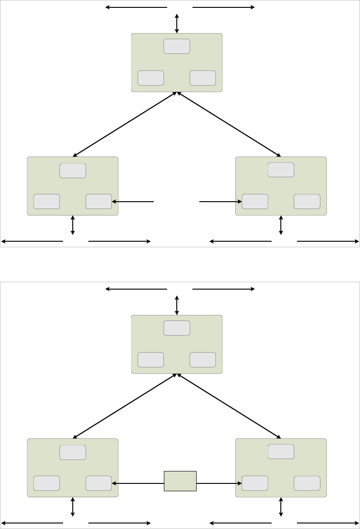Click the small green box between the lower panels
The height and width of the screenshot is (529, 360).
(x=180, y=481)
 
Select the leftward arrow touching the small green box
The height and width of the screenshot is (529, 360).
(x=138, y=483)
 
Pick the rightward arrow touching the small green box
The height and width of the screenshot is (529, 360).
(x=219, y=483)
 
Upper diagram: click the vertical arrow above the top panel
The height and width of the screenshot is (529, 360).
(x=177, y=23)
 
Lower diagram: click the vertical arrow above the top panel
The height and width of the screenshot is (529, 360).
(x=177, y=305)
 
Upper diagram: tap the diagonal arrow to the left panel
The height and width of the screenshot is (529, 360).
(x=125, y=124)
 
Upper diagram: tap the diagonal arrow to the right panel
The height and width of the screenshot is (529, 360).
(x=229, y=124)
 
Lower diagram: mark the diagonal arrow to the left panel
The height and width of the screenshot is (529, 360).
(x=125, y=406)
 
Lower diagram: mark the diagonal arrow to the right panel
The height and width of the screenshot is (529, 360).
(x=229, y=406)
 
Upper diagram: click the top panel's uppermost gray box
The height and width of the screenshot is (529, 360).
(x=177, y=46)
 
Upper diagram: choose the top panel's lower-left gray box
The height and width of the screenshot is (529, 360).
(x=151, y=78)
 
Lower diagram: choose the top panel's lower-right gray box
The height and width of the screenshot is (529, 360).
(x=203, y=360)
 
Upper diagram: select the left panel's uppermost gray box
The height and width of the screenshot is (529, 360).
(x=73, y=170)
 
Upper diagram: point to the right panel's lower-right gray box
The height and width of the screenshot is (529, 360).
(x=307, y=201)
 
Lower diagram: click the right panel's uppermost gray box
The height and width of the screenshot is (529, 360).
(x=281, y=452)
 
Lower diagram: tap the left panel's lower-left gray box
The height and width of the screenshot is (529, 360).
(x=46, y=483)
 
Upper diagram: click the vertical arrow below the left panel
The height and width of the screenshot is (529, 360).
(x=73, y=225)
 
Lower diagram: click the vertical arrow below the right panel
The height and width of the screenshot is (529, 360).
(x=281, y=506)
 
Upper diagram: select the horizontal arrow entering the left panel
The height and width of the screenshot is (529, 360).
(x=133, y=201)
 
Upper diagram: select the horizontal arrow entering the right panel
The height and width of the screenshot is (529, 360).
(x=221, y=201)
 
